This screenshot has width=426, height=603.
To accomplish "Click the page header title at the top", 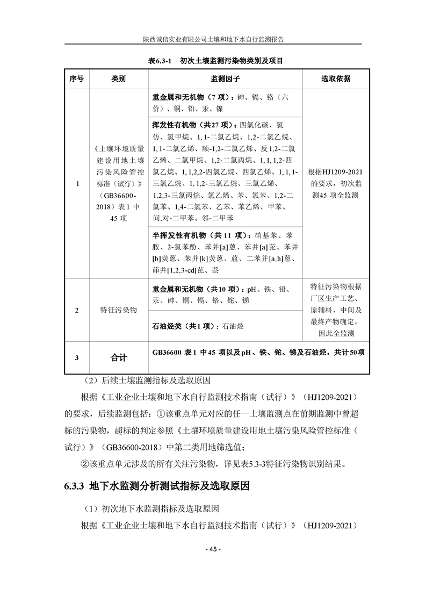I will pos(213,39).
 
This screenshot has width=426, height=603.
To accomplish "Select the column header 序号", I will pos(77,78).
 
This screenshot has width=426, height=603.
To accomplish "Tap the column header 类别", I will pos(118,78).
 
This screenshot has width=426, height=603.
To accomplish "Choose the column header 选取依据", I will pos(336,78).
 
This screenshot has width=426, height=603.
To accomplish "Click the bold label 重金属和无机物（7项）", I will pos(191,98).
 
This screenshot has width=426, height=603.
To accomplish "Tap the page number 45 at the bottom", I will pos(213,549).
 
